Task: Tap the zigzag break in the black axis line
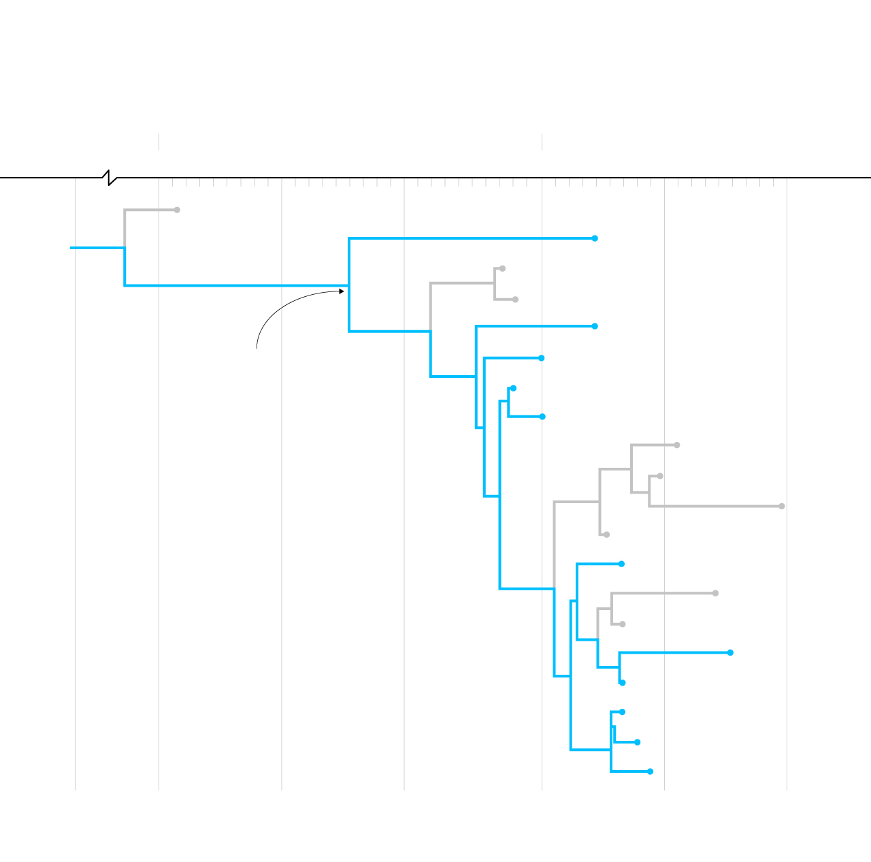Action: pos(110,178)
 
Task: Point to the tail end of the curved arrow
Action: pos(257,348)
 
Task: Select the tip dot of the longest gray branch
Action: pos(782,506)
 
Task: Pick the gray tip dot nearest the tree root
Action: pos(177,210)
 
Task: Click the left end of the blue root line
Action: pos(71,248)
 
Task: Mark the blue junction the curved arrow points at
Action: pos(349,286)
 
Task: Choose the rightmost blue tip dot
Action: pos(730,652)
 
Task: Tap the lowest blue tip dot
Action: pos(650,771)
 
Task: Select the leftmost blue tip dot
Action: pos(513,388)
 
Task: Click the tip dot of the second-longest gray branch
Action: pos(715,593)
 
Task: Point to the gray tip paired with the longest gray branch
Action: pos(660,476)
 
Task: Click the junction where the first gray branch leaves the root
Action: pos(125,248)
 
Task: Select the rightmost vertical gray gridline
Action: pos(787,477)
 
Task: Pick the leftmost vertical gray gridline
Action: pos(75,477)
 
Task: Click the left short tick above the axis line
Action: pos(159,142)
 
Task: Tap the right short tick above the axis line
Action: pos(542,142)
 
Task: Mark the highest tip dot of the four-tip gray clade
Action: pos(676,445)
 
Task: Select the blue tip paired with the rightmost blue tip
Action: pos(622,682)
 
